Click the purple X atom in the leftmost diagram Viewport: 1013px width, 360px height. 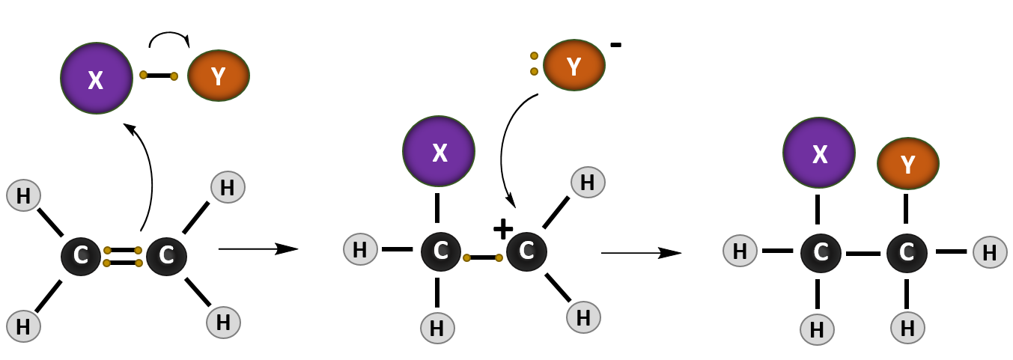pos(97,79)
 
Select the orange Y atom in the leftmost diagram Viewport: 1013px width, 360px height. pos(218,76)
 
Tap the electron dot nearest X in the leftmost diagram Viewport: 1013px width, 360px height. pos(143,75)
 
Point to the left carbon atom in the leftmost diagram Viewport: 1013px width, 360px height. pos(81,256)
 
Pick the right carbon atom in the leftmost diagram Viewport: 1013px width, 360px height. pos(166,256)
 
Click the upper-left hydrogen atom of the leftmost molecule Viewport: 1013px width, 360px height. pos(23,195)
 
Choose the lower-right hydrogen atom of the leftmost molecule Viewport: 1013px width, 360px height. pos(223,323)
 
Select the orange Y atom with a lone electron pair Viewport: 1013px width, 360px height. pos(574,66)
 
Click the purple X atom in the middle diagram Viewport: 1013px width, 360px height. pos(439,151)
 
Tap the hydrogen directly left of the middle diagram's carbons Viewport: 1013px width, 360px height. pos(360,249)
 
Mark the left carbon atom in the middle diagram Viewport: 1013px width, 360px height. pos(441,251)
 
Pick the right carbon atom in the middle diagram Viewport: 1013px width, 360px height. pos(526,251)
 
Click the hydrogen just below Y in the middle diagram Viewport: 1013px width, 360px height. pos(588,182)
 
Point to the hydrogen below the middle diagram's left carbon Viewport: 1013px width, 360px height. pos(437,328)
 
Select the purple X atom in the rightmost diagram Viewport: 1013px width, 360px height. pos(819,153)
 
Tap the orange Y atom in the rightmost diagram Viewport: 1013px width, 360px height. pos(907,163)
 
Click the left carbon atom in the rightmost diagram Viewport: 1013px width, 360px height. pos(821,253)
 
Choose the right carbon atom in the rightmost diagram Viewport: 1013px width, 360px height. pos(907,253)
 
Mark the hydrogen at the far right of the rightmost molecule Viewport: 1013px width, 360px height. pos(990,252)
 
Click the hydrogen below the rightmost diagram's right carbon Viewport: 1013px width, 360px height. pos(907,328)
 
